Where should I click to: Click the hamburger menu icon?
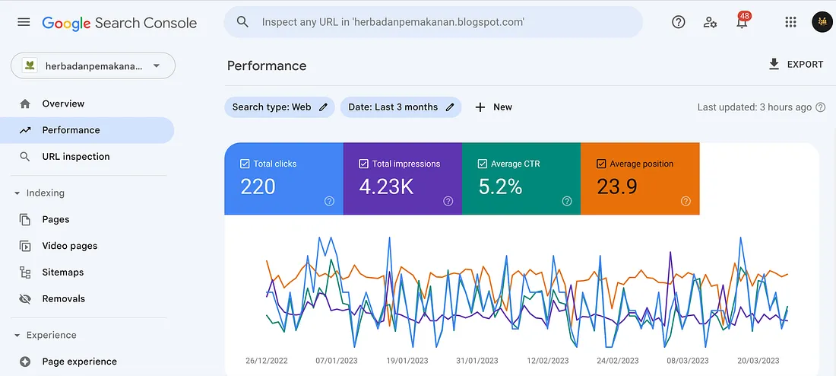(x=24, y=22)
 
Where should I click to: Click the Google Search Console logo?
(x=119, y=23)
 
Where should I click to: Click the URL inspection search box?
(x=433, y=22)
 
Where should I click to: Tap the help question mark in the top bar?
(x=679, y=22)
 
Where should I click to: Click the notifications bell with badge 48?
(x=742, y=23)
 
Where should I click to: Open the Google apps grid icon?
(x=790, y=22)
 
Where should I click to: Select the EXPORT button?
(x=796, y=65)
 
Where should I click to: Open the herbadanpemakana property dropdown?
(x=93, y=65)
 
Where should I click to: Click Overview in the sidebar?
(x=63, y=104)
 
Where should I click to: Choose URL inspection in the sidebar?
(x=75, y=157)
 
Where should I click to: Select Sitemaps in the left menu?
(x=62, y=272)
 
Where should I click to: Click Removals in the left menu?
(x=63, y=299)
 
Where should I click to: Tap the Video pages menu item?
(x=69, y=246)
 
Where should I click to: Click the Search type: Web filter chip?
(x=280, y=107)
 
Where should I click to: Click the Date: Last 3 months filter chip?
(x=401, y=107)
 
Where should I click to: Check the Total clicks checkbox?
(x=245, y=164)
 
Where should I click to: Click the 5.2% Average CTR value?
(x=500, y=186)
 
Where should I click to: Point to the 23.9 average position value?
(x=616, y=186)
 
